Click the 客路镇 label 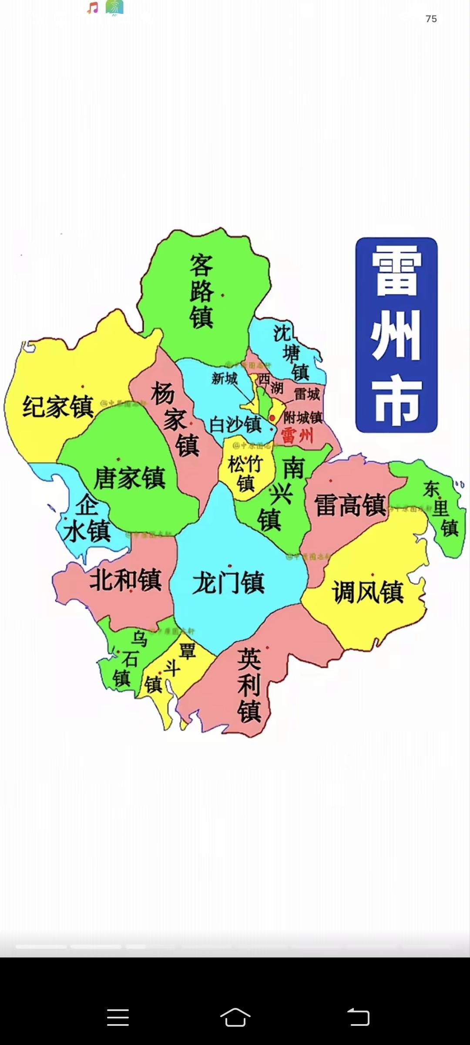(x=201, y=291)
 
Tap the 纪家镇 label (x=58, y=407)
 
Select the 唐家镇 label (x=129, y=478)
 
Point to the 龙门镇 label (x=228, y=583)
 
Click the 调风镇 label (x=368, y=592)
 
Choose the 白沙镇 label (x=235, y=425)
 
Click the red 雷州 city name (x=297, y=435)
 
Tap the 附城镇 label (x=303, y=418)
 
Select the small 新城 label (x=225, y=378)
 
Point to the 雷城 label (x=307, y=394)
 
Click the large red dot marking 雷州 (x=272, y=418)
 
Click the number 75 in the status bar (x=431, y=19)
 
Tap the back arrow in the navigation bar (x=358, y=1018)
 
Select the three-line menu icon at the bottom (x=118, y=1018)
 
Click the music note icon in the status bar (x=93, y=7)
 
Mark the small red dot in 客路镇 (x=223, y=295)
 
